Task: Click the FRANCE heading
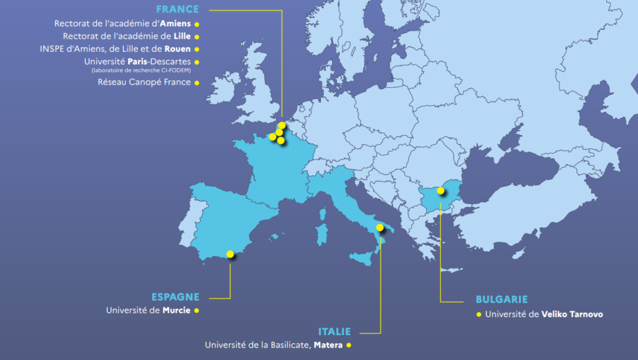pos(178,9)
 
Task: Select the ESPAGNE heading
pos(175,297)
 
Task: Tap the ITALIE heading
pos(334,332)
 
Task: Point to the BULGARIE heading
pos(502,300)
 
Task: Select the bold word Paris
pos(141,62)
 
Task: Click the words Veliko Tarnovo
pos(572,315)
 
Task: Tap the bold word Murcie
pos(176,310)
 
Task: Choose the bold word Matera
pos(328,345)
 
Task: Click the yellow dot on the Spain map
pos(231,253)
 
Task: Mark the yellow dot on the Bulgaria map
pos(440,190)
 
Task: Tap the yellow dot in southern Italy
pos(380,227)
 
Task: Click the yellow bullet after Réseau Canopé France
pos(196,83)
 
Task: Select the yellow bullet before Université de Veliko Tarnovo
pos(478,315)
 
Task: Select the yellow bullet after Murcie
pos(196,310)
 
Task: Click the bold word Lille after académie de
pos(183,36)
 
